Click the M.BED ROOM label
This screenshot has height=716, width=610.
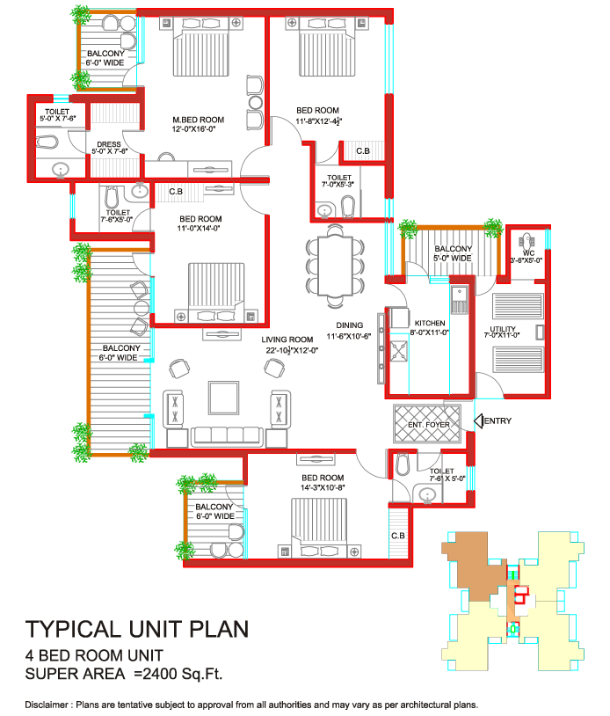point(198,120)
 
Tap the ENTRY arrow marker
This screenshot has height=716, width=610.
point(480,421)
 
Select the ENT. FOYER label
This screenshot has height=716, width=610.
point(428,425)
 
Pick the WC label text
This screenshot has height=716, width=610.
point(528,252)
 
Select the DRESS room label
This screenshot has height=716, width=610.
point(109,144)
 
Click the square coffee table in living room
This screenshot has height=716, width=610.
point(223,398)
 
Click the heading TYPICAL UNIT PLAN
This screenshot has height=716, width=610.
point(136,630)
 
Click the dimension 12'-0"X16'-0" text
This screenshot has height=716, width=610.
point(198,130)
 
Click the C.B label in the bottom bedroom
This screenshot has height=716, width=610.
point(397,536)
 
